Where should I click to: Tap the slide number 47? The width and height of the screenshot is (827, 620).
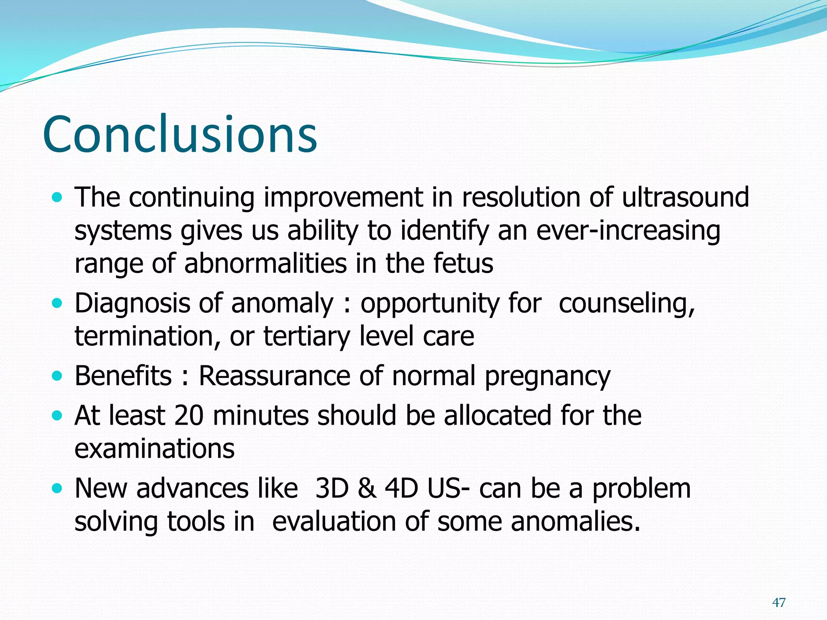coord(779,603)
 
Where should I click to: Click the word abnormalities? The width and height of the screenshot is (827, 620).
coord(265,263)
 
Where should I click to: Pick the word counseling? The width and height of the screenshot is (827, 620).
coord(627,303)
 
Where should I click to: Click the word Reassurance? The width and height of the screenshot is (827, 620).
coord(275,376)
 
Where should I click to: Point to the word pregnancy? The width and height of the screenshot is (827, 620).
coord(548,377)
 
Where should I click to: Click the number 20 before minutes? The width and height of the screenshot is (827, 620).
coord(189,415)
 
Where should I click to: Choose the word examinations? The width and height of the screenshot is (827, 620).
coord(154,448)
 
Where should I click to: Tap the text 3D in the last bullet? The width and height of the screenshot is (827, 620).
coord(332,488)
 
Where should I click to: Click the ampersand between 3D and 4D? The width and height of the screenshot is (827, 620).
coord(367,488)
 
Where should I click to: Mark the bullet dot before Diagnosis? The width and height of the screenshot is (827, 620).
coord(58,303)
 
